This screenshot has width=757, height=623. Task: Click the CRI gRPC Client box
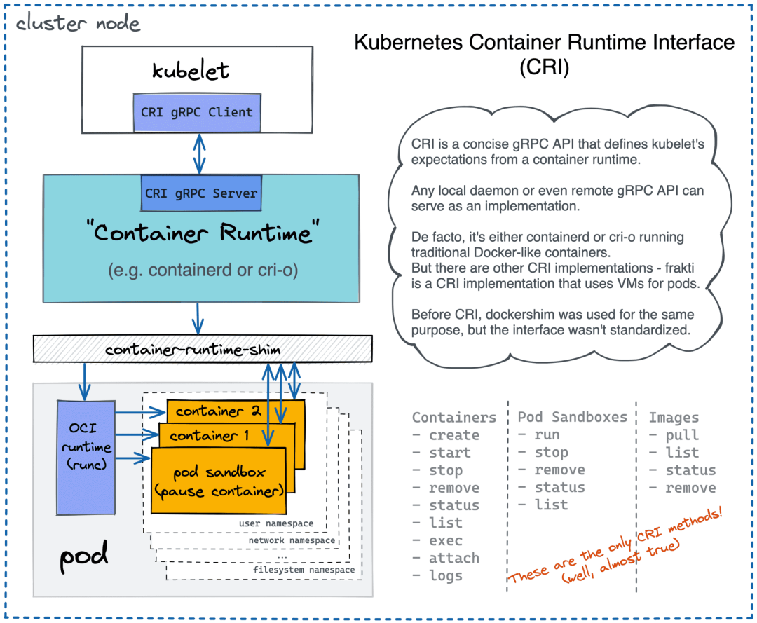(x=197, y=112)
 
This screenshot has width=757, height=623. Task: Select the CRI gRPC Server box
(x=201, y=193)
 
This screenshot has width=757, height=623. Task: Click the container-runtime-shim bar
(x=203, y=348)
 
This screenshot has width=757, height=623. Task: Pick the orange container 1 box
(x=210, y=435)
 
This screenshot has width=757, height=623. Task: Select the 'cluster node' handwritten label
(x=78, y=23)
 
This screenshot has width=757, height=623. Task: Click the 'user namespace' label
(x=276, y=523)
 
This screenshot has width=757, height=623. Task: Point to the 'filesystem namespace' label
(x=304, y=570)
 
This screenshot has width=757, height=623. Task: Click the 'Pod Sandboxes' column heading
(x=573, y=417)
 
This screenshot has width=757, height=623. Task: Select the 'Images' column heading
(x=674, y=417)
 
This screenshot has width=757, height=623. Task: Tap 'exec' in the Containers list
(x=446, y=540)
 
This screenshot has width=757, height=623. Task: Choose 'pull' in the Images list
(x=682, y=435)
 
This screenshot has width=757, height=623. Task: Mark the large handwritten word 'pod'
(x=83, y=557)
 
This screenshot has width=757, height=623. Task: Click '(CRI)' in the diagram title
(x=545, y=69)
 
